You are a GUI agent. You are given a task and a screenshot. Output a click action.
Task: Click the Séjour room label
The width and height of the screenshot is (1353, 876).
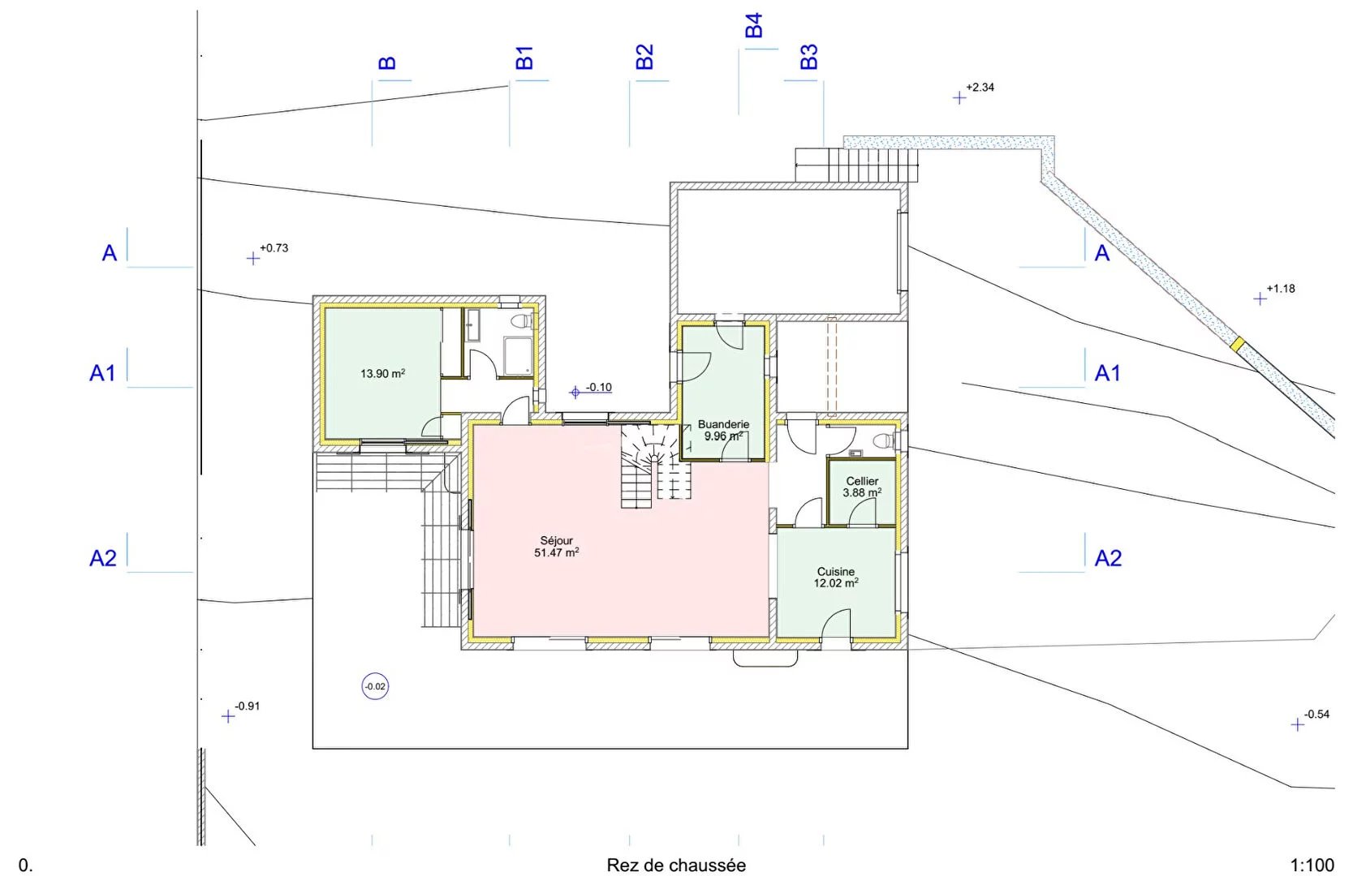coord(556,541)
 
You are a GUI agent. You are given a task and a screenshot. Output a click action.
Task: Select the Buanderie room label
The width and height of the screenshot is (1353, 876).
coord(724,424)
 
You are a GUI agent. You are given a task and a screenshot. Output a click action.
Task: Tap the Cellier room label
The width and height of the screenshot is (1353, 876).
coord(862,481)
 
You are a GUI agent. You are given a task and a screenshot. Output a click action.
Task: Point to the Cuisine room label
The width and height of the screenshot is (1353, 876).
coord(836,571)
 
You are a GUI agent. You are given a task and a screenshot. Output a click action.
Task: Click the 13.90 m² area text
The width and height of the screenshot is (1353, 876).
coord(382,374)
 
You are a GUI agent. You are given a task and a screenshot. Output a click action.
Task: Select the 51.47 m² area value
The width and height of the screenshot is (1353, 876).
coord(556,552)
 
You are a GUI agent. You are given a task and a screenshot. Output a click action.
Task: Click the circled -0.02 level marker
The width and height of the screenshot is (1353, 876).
coord(375,686)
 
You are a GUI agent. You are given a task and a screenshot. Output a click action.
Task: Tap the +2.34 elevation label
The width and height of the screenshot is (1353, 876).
coord(980,88)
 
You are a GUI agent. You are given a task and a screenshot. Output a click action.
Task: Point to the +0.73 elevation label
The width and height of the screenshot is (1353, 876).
coord(274,248)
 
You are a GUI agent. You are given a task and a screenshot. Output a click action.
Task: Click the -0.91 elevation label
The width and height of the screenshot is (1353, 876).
coord(247,706)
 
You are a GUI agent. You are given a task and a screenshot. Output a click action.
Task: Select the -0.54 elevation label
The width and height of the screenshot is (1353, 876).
coord(1316,715)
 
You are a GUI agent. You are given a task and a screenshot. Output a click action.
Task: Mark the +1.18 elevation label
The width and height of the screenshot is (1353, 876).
coord(1281,289)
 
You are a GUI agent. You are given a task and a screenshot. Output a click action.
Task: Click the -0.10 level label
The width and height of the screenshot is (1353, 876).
coord(598,387)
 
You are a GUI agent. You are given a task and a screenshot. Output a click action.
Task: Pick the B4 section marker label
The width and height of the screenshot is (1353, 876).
coord(754,25)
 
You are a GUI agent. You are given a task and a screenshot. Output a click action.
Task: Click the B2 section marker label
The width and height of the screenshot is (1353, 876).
coord(644,57)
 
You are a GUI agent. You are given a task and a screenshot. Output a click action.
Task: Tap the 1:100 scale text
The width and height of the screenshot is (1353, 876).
coord(1312,865)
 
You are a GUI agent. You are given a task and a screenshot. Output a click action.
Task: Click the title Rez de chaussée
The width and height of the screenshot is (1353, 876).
coord(676,865)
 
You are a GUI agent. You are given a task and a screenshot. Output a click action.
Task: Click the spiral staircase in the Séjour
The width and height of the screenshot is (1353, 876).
coord(656,466)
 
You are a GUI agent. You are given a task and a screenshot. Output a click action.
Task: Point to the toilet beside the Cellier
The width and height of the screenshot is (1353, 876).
coord(885,440)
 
